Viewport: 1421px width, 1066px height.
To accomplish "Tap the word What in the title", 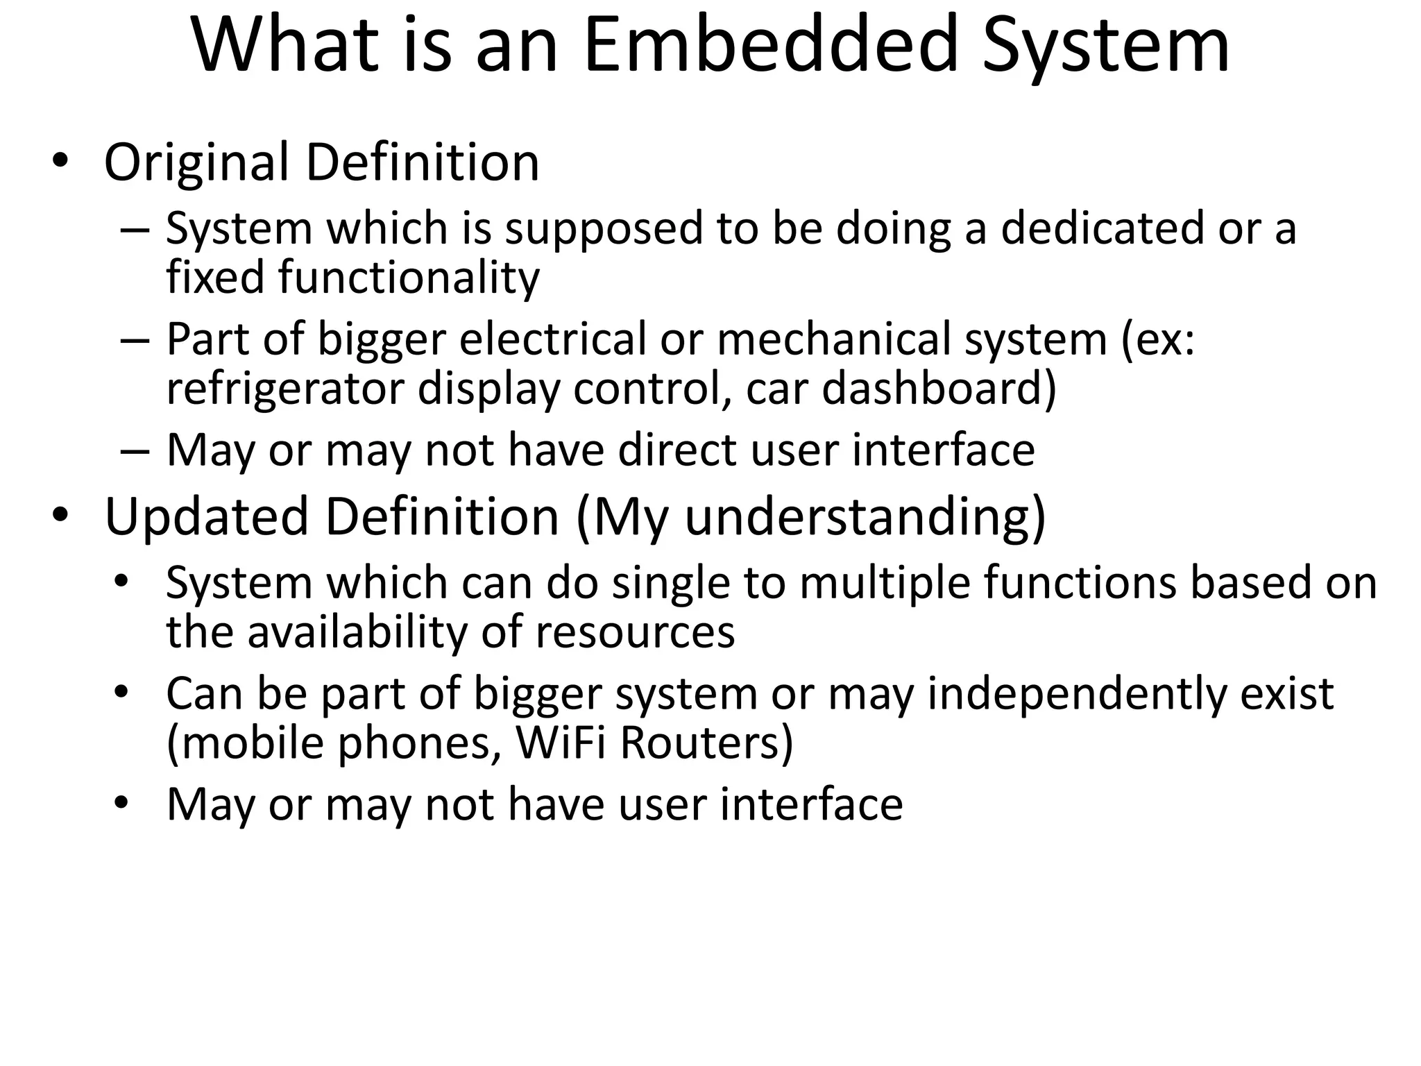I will pos(285,46).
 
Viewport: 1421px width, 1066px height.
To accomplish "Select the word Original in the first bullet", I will pos(196,163).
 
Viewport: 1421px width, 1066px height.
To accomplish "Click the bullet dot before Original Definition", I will pos(60,162).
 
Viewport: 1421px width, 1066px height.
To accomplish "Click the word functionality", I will pos(409,278).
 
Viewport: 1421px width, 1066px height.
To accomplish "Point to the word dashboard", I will pos(938,389).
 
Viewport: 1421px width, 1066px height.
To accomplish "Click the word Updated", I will pos(207,517).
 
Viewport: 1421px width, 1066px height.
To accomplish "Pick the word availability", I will pos(357,633).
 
